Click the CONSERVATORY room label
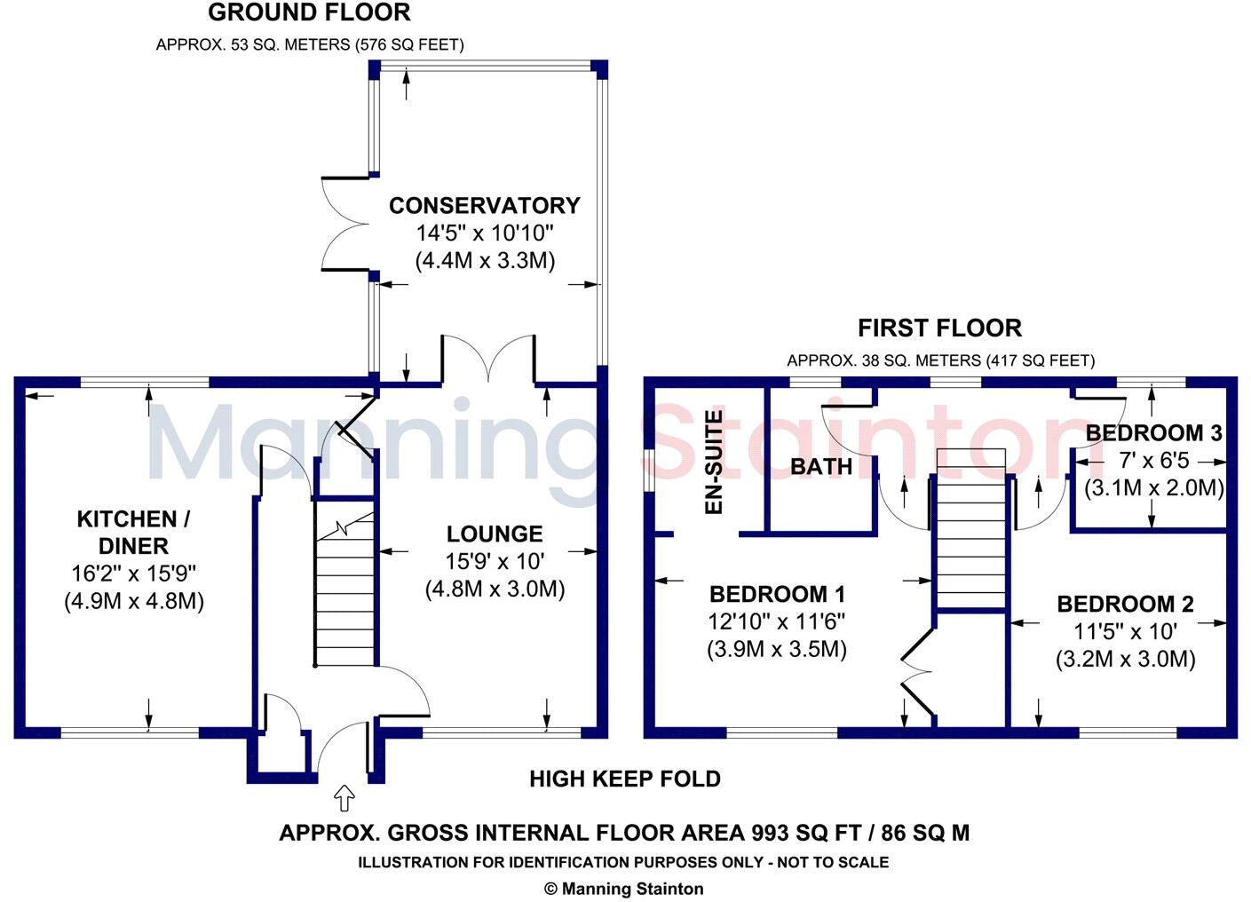pyautogui.click(x=484, y=206)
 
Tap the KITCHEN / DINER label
pyautogui.click(x=133, y=532)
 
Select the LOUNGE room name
pyautogui.click(x=495, y=534)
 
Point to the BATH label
pyautogui.click(x=820, y=467)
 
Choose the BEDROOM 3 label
pyautogui.click(x=1153, y=433)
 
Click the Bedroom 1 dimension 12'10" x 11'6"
pyautogui.click(x=776, y=621)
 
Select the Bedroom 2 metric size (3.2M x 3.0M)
pyautogui.click(x=1125, y=660)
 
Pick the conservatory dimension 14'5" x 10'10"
pyautogui.click(x=485, y=233)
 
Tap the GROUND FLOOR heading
pyautogui.click(x=309, y=13)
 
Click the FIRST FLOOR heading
pyautogui.click(x=939, y=328)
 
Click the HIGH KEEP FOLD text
pyautogui.click(x=624, y=779)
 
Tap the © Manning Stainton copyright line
pyautogui.click(x=623, y=889)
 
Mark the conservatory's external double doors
pyautogui.click(x=346, y=223)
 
